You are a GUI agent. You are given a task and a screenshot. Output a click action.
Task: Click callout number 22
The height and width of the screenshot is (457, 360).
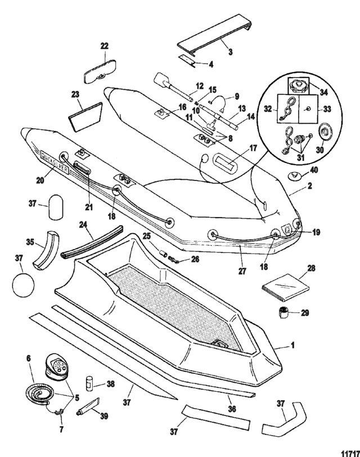(105, 46)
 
